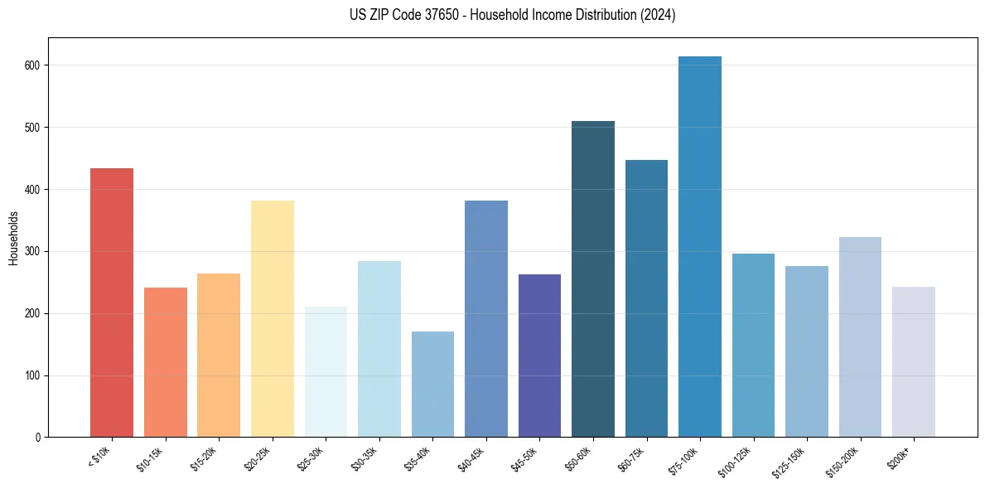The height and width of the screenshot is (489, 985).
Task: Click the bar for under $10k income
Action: [112, 303]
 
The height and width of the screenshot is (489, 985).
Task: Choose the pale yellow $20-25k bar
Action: [273, 318]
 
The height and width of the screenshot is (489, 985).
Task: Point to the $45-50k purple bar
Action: [539, 356]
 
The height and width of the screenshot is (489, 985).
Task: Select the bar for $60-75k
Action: [646, 298]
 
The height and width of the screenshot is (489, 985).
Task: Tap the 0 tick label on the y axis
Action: [39, 438]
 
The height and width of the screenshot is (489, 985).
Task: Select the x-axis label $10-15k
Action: [151, 458]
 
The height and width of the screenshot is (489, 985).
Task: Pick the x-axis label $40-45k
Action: [471, 458]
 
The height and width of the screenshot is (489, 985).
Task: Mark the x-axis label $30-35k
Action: [365, 458]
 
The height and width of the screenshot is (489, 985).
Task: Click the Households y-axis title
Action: [13, 238]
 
